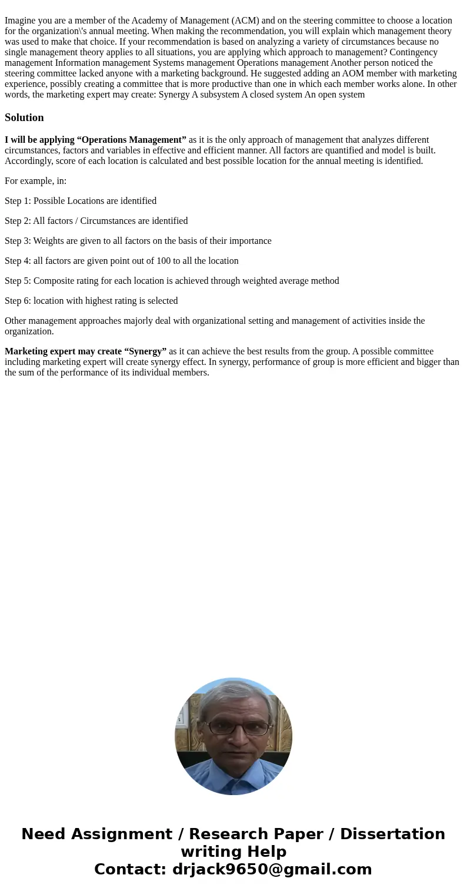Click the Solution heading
pos(24,118)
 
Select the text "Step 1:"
pos(18,201)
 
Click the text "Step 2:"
pos(18,221)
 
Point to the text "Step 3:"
pos(18,241)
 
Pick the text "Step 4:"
pos(18,261)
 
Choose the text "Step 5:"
pos(18,281)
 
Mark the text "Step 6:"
pos(18,301)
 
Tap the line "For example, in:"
pos(35,181)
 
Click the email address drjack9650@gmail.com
pos(272,869)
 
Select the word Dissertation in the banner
pos(392,834)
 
